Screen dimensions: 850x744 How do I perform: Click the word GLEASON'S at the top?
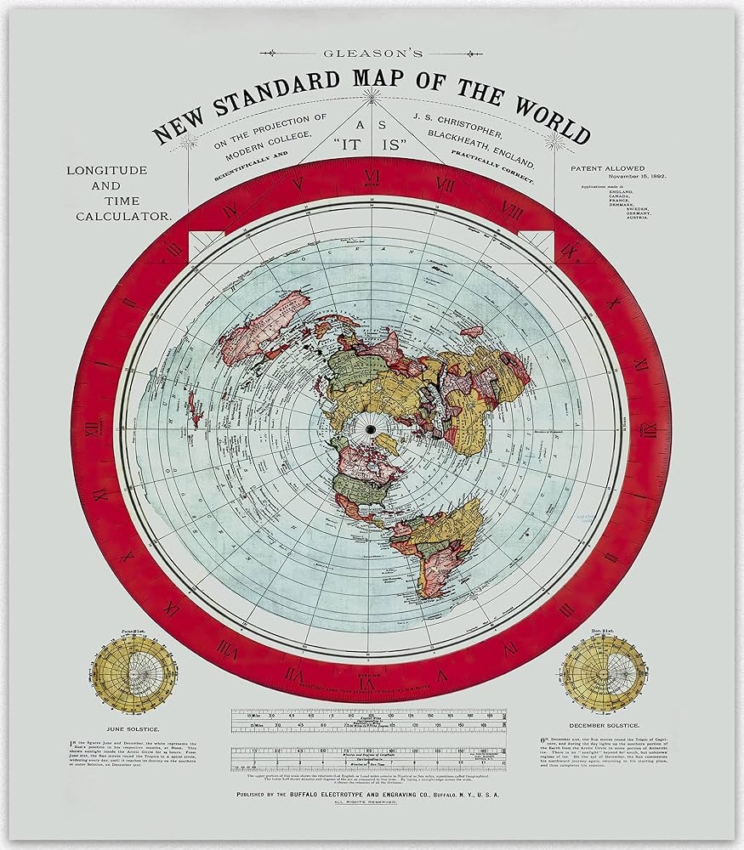click(x=372, y=53)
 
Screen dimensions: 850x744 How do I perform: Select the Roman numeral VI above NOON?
click(x=372, y=175)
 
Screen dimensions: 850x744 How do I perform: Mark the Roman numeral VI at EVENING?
click(x=372, y=680)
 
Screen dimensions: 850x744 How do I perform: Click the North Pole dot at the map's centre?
click(x=372, y=431)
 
